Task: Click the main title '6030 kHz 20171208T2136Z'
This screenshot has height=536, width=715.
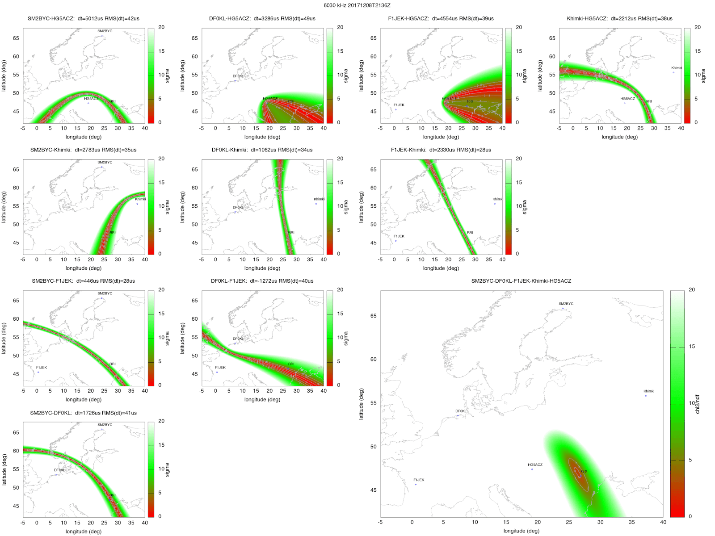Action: [x=357, y=5]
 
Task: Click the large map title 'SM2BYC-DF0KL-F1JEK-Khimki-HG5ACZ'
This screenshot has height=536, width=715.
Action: [x=521, y=281]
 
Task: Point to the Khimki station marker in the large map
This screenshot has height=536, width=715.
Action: [x=646, y=396]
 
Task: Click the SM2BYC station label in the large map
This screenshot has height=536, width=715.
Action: [x=566, y=304]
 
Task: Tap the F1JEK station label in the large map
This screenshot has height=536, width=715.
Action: [x=419, y=480]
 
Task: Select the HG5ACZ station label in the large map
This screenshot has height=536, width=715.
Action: [x=535, y=465]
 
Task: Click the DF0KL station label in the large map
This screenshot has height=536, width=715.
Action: [x=460, y=411]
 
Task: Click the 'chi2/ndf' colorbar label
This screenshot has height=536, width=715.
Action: [x=698, y=403]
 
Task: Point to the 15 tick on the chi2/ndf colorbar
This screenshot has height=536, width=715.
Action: [x=692, y=347]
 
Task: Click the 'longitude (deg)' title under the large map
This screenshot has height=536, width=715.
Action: [x=521, y=531]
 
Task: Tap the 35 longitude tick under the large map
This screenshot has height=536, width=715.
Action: [x=631, y=522]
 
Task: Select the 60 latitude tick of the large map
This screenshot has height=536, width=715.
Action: [x=373, y=359]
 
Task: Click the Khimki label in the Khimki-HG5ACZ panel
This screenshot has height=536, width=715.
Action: [x=677, y=68]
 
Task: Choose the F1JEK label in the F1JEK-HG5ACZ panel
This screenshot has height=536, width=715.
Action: [x=399, y=105]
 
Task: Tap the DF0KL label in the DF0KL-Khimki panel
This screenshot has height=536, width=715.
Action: [x=238, y=207]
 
